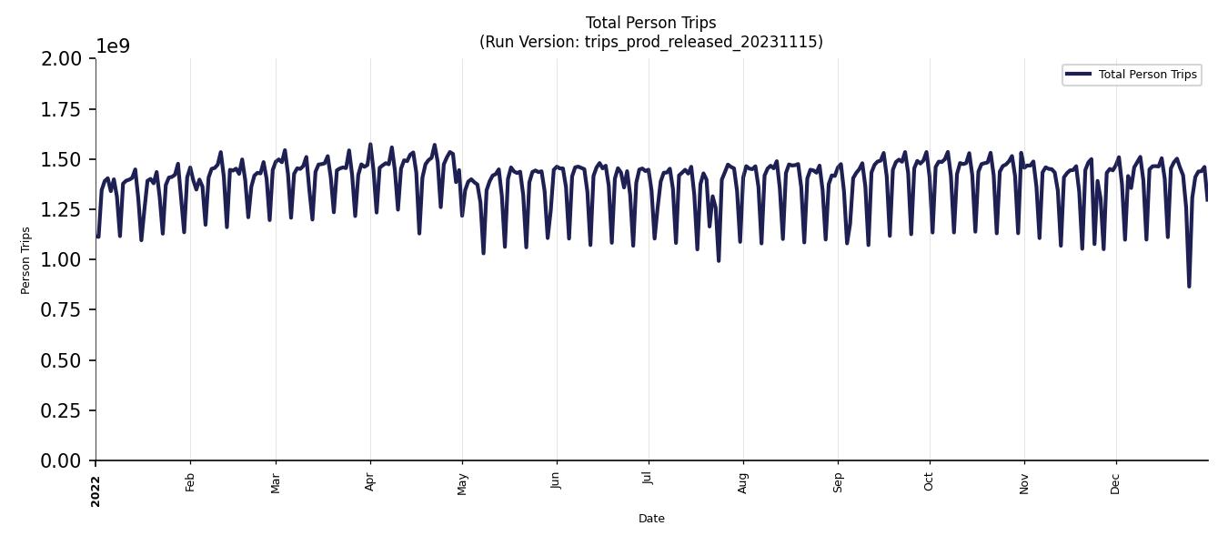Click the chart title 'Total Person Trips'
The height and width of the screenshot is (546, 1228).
[x=650, y=23]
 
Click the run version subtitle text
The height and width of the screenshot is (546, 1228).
[x=650, y=42]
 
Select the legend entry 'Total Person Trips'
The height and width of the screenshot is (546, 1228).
[x=1147, y=75]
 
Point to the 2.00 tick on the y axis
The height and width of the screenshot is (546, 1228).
[x=62, y=59]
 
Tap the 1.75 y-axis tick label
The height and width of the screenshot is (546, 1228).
[x=62, y=109]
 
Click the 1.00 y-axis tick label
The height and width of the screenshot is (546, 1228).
[x=62, y=260]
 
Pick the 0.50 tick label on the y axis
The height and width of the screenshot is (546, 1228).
[x=62, y=360]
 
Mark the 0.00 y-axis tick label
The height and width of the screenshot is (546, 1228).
[x=62, y=461]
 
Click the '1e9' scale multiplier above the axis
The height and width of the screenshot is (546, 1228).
[x=113, y=46]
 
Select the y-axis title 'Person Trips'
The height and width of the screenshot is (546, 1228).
[x=25, y=260]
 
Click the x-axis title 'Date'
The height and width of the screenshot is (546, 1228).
[x=651, y=519]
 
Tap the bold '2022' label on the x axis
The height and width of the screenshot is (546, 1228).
[x=96, y=490]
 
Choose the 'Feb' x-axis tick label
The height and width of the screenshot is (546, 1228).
[x=190, y=482]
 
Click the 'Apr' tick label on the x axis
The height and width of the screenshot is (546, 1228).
[x=370, y=482]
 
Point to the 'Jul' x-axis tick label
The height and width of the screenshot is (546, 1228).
[x=648, y=481]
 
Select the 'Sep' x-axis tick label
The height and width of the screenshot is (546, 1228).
[x=838, y=482]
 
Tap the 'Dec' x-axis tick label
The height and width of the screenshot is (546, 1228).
[x=1116, y=482]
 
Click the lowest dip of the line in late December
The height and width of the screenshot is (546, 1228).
[x=1189, y=286]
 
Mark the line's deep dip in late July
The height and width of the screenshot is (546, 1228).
[x=719, y=260]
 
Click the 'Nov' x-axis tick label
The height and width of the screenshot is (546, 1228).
[x=1024, y=482]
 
